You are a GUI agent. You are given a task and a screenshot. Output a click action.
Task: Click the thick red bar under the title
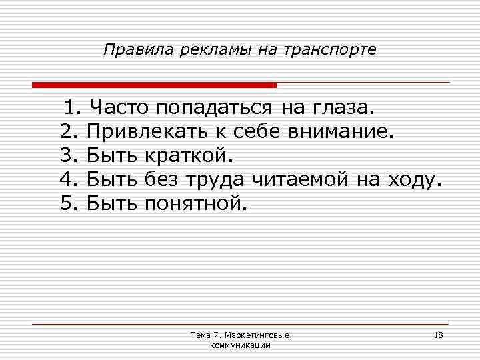pos(154,85)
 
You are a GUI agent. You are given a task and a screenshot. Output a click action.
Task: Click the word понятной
pos(195,203)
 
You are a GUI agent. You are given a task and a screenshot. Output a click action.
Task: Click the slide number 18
pos(438,335)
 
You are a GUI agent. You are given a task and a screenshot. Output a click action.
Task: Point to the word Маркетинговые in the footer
pos(262,335)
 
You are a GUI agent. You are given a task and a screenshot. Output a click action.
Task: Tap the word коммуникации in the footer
pos(240,345)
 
